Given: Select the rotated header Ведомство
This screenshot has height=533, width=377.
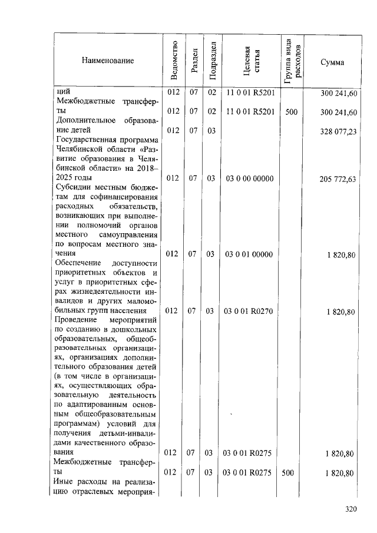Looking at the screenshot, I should [x=173, y=61].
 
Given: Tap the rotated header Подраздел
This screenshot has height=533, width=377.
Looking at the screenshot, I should [x=211, y=61].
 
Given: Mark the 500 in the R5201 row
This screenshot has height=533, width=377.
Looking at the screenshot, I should [x=291, y=112].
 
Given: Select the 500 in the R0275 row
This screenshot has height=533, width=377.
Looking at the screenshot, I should [x=291, y=473].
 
